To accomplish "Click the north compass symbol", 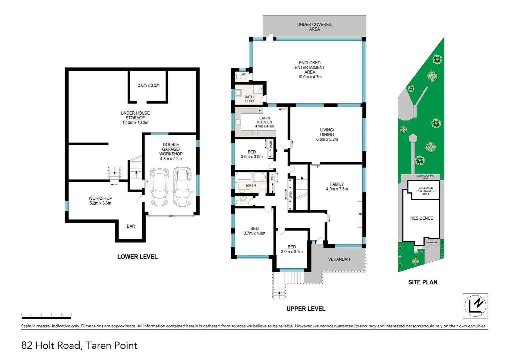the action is click(x=475, y=306).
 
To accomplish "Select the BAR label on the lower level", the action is click(x=131, y=226).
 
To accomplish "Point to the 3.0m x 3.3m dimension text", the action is click(x=149, y=85).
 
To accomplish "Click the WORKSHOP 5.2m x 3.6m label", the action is click(x=100, y=201).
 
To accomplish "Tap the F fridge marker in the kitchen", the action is click(x=259, y=111).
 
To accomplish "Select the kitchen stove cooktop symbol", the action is click(x=255, y=134).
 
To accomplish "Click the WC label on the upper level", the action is click(x=244, y=74).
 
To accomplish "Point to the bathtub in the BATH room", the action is click(x=244, y=177).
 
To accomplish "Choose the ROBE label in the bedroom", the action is click(x=271, y=144).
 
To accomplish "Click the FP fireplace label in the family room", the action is click(x=360, y=214).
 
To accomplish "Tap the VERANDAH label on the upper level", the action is click(x=339, y=259).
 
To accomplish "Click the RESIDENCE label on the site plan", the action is click(x=421, y=218).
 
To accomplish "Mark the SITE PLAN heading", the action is click(x=423, y=282).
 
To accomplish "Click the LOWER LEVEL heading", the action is click(x=137, y=257).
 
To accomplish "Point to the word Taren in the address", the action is click(x=98, y=345).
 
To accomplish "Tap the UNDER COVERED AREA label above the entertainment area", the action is click(x=314, y=27).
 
